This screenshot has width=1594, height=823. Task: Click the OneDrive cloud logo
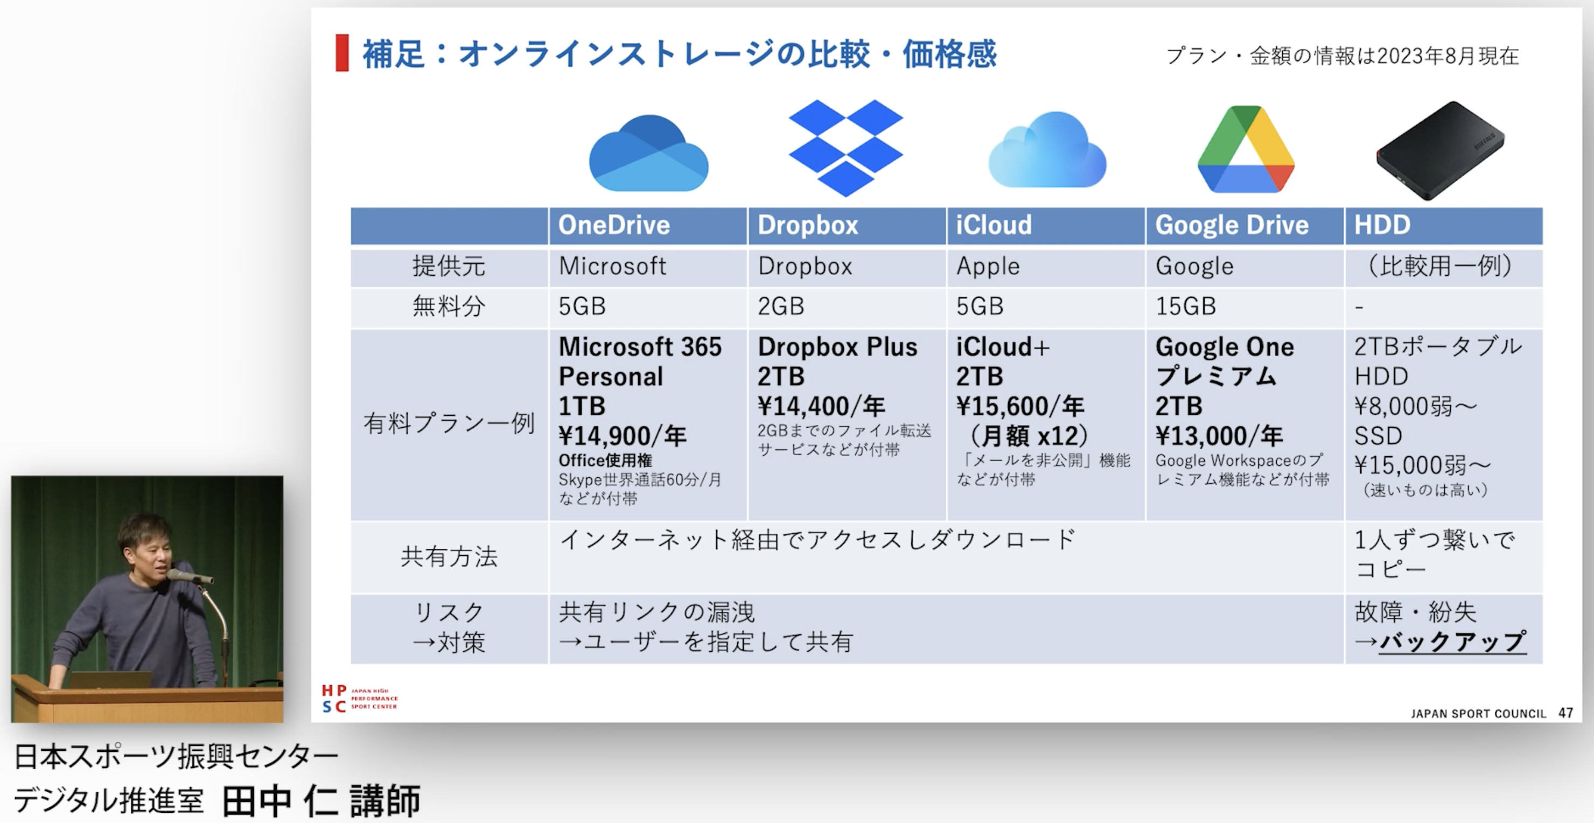coord(648,153)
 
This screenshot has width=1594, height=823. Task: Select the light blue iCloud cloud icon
coord(1047,149)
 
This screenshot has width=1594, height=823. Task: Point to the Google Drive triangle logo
coord(1246,149)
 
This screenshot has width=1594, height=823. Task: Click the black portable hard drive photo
coord(1441,150)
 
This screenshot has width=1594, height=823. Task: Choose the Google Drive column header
coord(1232,225)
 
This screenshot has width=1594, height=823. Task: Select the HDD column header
coord(1382,225)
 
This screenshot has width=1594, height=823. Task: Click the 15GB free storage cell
coord(1186,306)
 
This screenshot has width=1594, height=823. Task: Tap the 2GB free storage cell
coord(781,306)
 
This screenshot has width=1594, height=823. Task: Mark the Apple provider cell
coord(988,267)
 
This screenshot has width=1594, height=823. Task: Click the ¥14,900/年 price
coord(623,436)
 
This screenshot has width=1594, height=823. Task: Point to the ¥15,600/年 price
coord(1020,407)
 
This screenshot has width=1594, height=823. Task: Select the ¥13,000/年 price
coord(1219,436)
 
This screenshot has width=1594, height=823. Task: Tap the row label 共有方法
coord(449,557)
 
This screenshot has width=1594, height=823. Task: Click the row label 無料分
coord(449,306)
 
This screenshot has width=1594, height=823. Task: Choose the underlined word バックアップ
coord(1453,641)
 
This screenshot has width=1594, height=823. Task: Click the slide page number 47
coord(1565,713)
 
